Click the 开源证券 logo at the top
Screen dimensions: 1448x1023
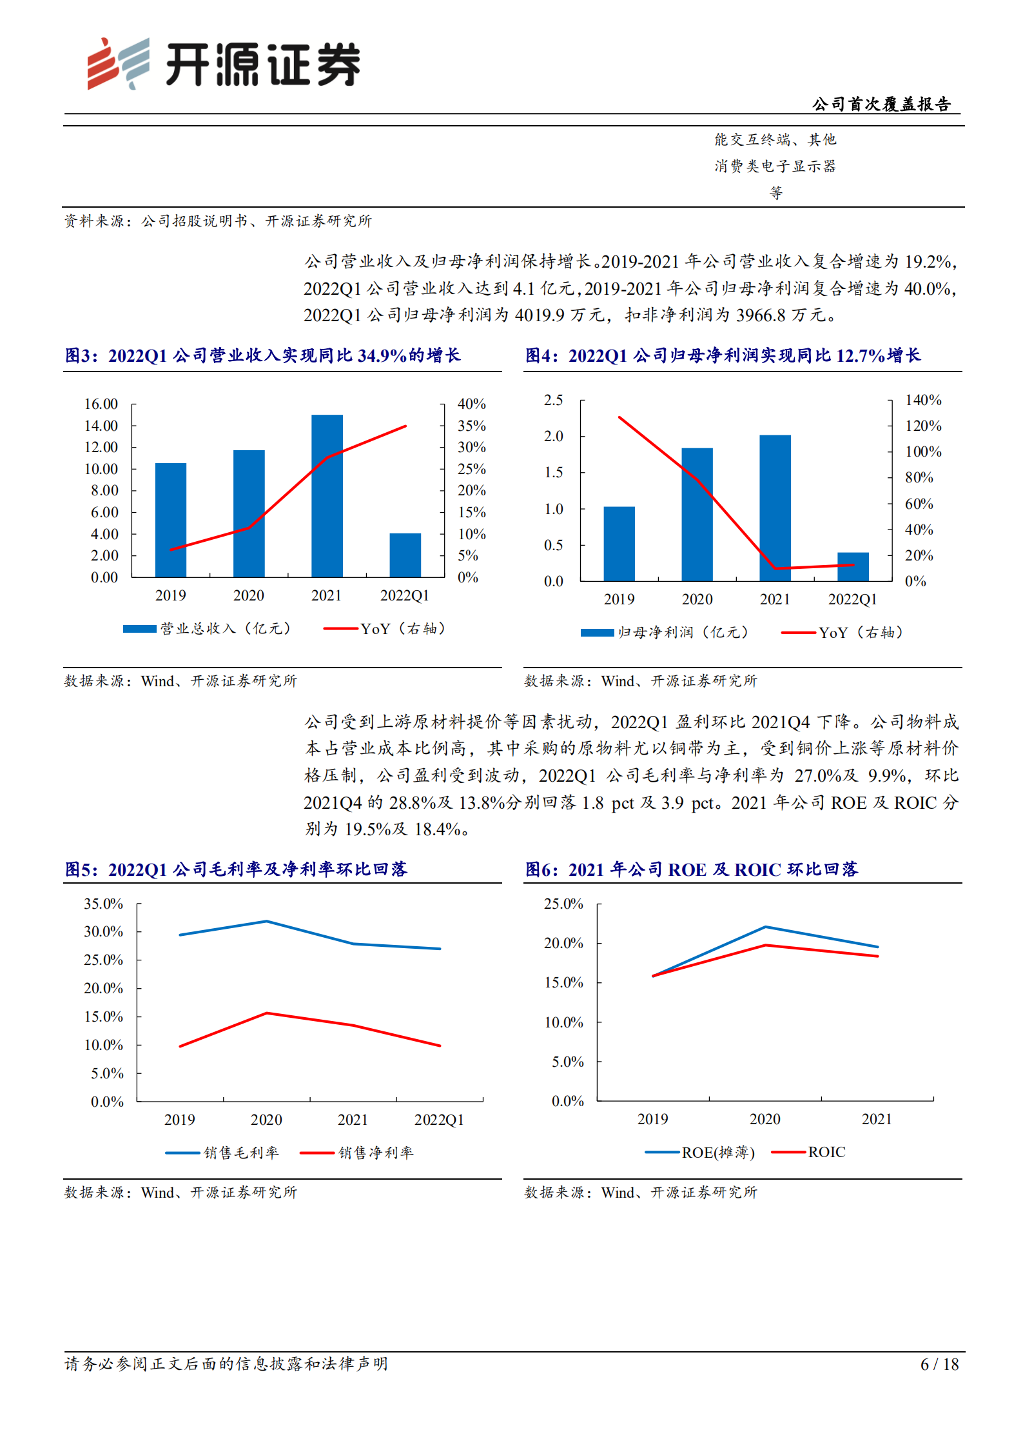223,64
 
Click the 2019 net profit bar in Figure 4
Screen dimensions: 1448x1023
619,544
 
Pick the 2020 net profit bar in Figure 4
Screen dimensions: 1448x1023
697,514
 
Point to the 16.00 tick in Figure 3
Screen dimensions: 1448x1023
101,404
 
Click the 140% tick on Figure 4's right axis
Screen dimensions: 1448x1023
922,400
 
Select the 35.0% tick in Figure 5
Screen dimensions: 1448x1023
103,904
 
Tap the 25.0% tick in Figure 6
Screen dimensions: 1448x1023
563,904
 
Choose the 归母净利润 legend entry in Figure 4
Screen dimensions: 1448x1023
665,632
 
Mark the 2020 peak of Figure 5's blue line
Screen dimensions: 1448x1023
266,921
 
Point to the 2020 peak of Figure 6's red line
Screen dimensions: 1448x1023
765,945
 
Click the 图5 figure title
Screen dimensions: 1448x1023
236,869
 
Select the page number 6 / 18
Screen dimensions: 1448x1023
939,1364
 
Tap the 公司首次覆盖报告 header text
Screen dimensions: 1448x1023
881,104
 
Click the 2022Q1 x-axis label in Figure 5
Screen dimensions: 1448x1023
439,1119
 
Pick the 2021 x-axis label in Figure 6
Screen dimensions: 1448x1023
877,1118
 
